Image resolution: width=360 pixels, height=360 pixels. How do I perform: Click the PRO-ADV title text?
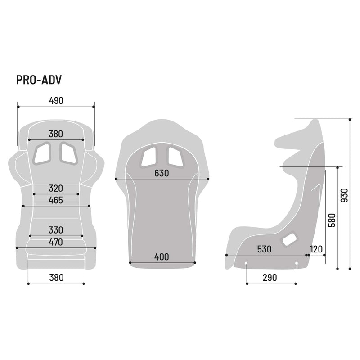point(39,80)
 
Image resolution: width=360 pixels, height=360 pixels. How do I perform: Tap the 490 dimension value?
point(56,101)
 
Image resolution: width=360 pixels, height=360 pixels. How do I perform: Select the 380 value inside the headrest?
point(56,134)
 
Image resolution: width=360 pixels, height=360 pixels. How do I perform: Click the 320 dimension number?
point(56,188)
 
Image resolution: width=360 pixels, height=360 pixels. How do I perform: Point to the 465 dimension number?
point(56,200)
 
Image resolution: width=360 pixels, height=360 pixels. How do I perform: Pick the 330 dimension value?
point(56,230)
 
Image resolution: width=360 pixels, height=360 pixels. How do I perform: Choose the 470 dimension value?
point(56,242)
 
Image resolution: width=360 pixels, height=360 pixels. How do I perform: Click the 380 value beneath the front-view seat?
point(56,277)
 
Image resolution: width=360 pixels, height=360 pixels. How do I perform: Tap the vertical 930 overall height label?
point(345,195)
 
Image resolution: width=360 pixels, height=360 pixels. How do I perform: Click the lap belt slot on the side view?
point(289,240)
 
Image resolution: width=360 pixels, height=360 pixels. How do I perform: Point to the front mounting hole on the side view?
point(247,264)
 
